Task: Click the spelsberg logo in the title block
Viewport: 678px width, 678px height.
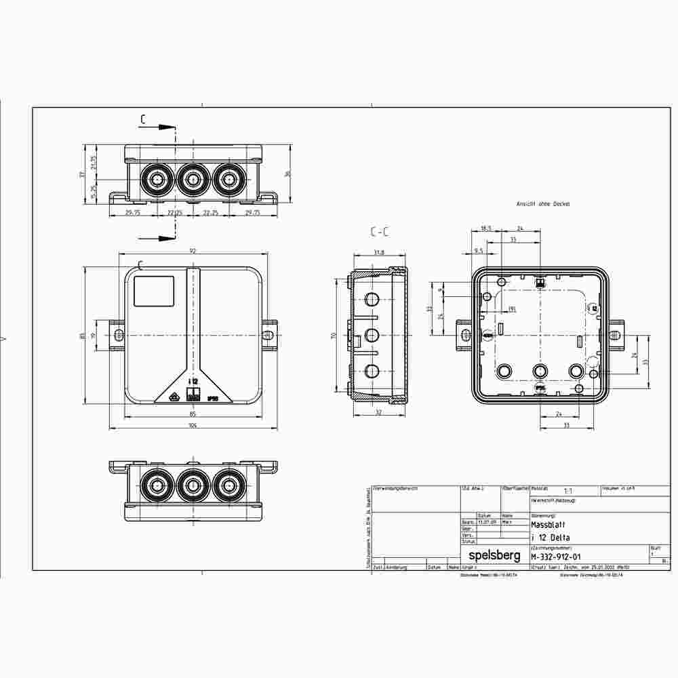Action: pos(494,555)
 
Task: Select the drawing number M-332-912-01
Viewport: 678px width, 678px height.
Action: pos(555,556)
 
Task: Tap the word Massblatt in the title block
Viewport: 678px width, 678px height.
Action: pos(549,525)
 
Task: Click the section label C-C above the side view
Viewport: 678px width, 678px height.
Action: pos(379,233)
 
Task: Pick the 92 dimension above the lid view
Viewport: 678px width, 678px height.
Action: pos(193,251)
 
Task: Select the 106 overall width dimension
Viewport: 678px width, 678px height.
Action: pos(193,425)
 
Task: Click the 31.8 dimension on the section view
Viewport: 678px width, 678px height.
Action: pos(378,253)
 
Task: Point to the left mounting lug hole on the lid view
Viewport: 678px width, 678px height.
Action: pos(119,334)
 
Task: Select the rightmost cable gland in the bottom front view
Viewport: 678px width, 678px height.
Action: pos(228,485)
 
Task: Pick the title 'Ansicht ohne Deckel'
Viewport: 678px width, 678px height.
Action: pos(543,203)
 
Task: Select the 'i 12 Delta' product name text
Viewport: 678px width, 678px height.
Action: pos(551,538)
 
